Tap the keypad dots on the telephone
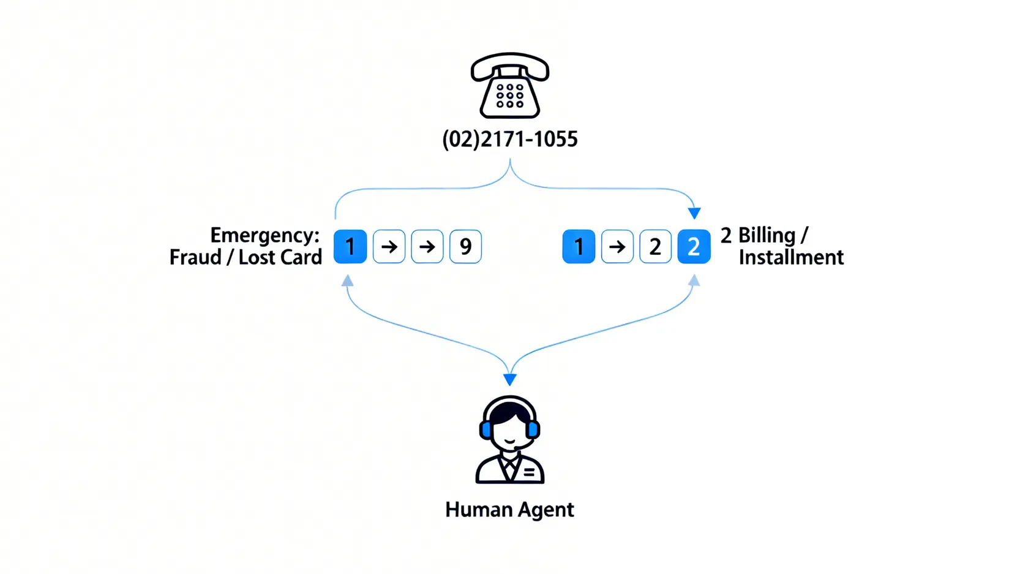509,96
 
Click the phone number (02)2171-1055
509,140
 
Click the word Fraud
195,257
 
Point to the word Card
302,257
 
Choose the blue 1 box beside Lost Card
350,246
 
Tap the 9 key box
465,246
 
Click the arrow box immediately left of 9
427,246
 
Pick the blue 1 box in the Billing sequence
579,246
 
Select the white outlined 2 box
655,246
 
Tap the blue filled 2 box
694,246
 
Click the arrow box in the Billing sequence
617,246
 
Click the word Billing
767,235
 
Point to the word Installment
791,257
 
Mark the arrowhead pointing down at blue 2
694,213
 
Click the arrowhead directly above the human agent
509,380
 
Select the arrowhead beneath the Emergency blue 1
348,281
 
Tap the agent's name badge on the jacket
529,472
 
